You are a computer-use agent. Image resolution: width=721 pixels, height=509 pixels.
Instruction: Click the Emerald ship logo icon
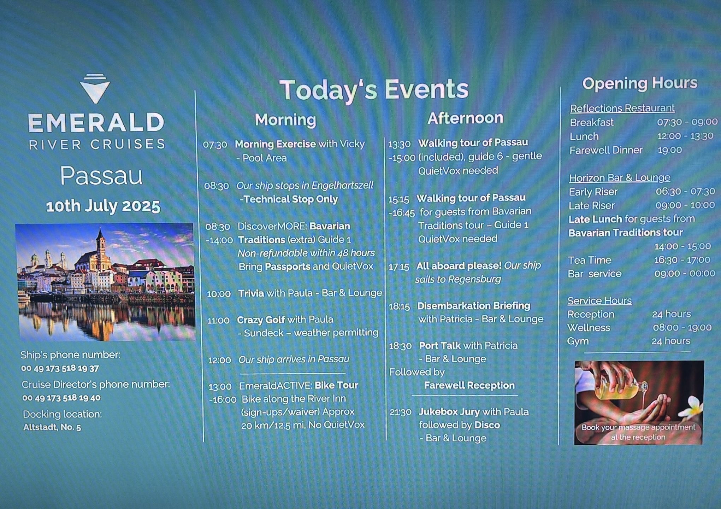coord(95,88)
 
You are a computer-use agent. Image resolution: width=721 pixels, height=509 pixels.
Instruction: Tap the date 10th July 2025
coord(103,206)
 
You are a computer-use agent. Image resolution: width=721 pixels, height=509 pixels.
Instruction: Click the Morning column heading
coord(285,119)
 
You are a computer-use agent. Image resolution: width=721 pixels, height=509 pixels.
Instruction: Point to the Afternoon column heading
coord(465,118)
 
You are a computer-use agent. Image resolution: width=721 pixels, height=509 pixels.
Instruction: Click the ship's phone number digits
coord(60,368)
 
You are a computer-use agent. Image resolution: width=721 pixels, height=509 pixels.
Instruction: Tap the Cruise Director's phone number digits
coord(61,398)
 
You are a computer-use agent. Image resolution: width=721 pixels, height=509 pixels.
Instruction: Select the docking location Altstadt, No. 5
coord(52,427)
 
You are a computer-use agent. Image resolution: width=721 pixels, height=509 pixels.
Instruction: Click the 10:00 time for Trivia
coord(219,294)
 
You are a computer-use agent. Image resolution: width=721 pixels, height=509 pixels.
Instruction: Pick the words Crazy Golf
coord(261,320)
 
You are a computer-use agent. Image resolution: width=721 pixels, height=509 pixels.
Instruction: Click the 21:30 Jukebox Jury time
coord(401,412)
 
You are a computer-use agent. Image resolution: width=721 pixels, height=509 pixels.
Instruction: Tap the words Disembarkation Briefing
coord(474,306)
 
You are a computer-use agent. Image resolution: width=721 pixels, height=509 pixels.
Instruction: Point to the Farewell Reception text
coord(469,385)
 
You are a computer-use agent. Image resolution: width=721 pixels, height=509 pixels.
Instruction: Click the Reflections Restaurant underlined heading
coord(622,108)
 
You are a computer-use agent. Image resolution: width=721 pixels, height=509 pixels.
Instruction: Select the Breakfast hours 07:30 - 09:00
coord(687,122)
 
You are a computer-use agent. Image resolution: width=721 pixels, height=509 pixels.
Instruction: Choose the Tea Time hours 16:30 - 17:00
coord(682,260)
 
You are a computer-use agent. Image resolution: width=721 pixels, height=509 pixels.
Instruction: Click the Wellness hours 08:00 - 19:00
coord(682,328)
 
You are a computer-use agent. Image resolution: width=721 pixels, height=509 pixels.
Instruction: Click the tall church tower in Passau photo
coord(101,247)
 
